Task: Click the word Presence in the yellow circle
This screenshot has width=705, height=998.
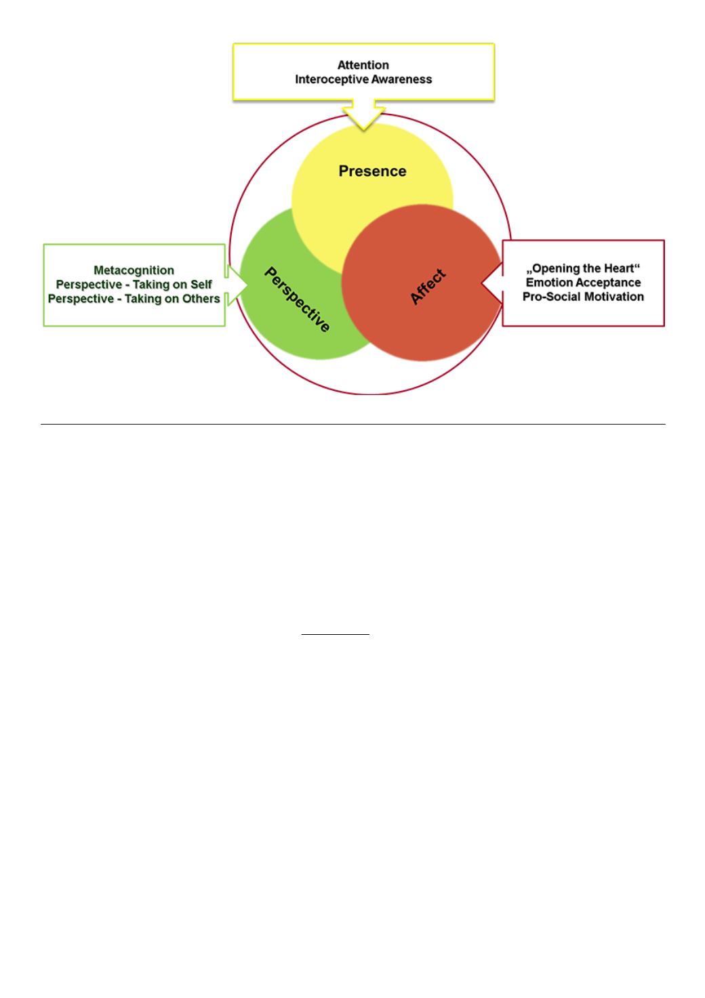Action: [372, 171]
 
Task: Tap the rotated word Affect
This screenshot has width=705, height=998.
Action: [428, 287]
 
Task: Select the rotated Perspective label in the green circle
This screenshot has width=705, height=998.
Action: [297, 299]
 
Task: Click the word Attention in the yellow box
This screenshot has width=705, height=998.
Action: [363, 65]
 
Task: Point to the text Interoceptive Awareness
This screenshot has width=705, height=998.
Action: [363, 79]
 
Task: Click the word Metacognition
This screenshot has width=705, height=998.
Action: [134, 270]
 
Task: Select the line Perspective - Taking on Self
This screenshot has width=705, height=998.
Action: [134, 285]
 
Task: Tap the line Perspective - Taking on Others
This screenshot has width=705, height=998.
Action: [134, 299]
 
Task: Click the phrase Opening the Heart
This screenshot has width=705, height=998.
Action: [583, 268]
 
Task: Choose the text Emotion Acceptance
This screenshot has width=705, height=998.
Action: [583, 283]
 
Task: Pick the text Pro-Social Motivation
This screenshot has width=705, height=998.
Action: [583, 297]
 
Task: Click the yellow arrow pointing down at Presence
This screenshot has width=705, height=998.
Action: [363, 115]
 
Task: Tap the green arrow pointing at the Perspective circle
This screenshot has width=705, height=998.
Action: [236, 285]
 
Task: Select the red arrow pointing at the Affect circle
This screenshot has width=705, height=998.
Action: [492, 283]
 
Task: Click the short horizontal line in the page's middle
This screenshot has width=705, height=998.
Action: [335, 634]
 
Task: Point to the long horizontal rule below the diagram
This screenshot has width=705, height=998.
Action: [353, 424]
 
